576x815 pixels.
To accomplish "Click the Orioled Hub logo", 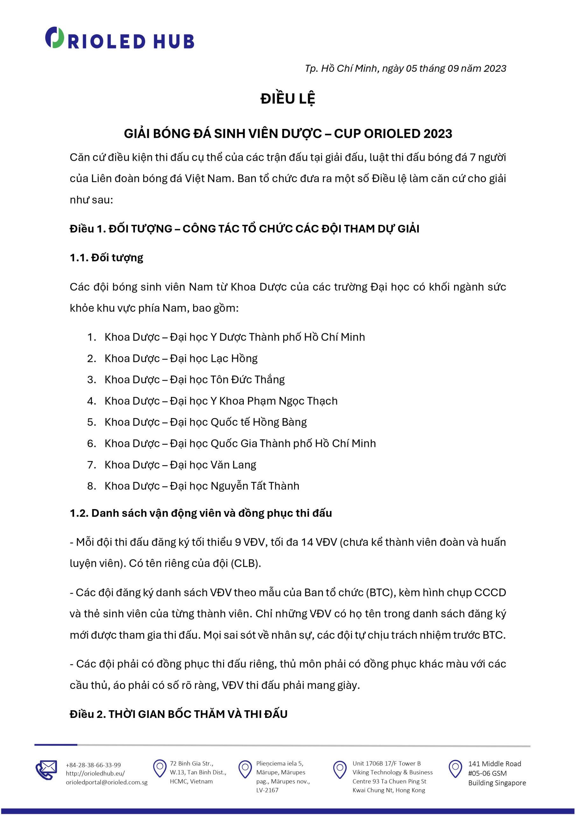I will [119, 38].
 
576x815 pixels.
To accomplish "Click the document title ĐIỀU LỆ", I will [287, 99].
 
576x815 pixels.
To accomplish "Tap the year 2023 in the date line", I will [495, 68].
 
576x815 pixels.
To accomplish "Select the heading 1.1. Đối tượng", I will [107, 258].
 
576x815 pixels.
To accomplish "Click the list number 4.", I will [92, 401].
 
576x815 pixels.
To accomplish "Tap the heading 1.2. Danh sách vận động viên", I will [201, 513].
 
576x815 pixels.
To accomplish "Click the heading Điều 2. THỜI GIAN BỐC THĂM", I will [179, 714].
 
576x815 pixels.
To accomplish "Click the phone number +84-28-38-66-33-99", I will [93, 765].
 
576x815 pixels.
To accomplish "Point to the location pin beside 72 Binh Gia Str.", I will [160, 768].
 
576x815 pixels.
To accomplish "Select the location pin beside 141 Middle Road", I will [455, 768].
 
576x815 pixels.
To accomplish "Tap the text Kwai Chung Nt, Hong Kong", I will [389, 790].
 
